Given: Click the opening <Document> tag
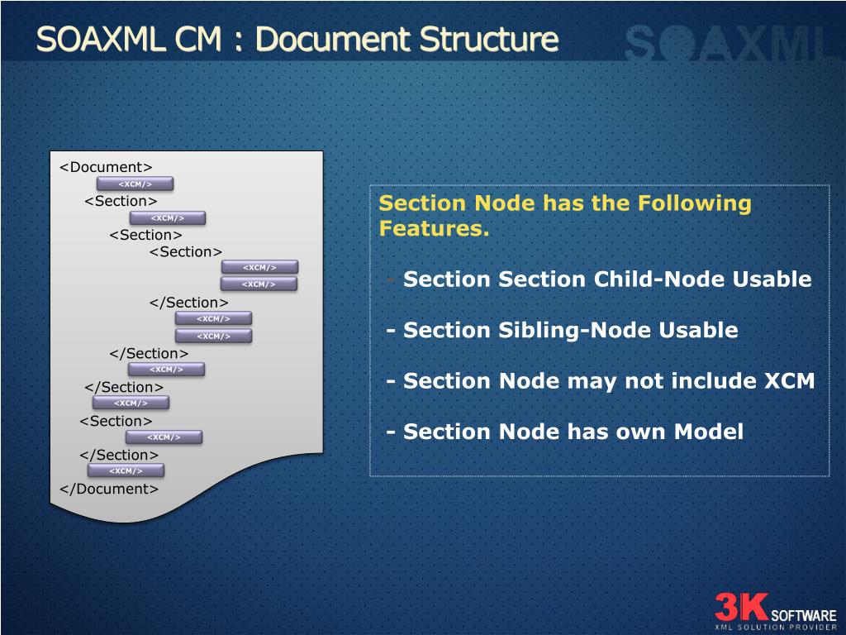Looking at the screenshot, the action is click(106, 167).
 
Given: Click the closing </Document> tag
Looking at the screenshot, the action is click(108, 489).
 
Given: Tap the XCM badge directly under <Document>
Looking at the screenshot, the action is click(135, 184).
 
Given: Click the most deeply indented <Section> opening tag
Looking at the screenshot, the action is click(186, 251).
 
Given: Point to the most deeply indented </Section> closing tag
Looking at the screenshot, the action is click(188, 303).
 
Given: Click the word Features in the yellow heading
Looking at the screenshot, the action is click(431, 229).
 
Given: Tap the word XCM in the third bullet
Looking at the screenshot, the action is click(789, 381).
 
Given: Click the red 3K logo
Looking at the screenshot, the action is click(741, 606).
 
